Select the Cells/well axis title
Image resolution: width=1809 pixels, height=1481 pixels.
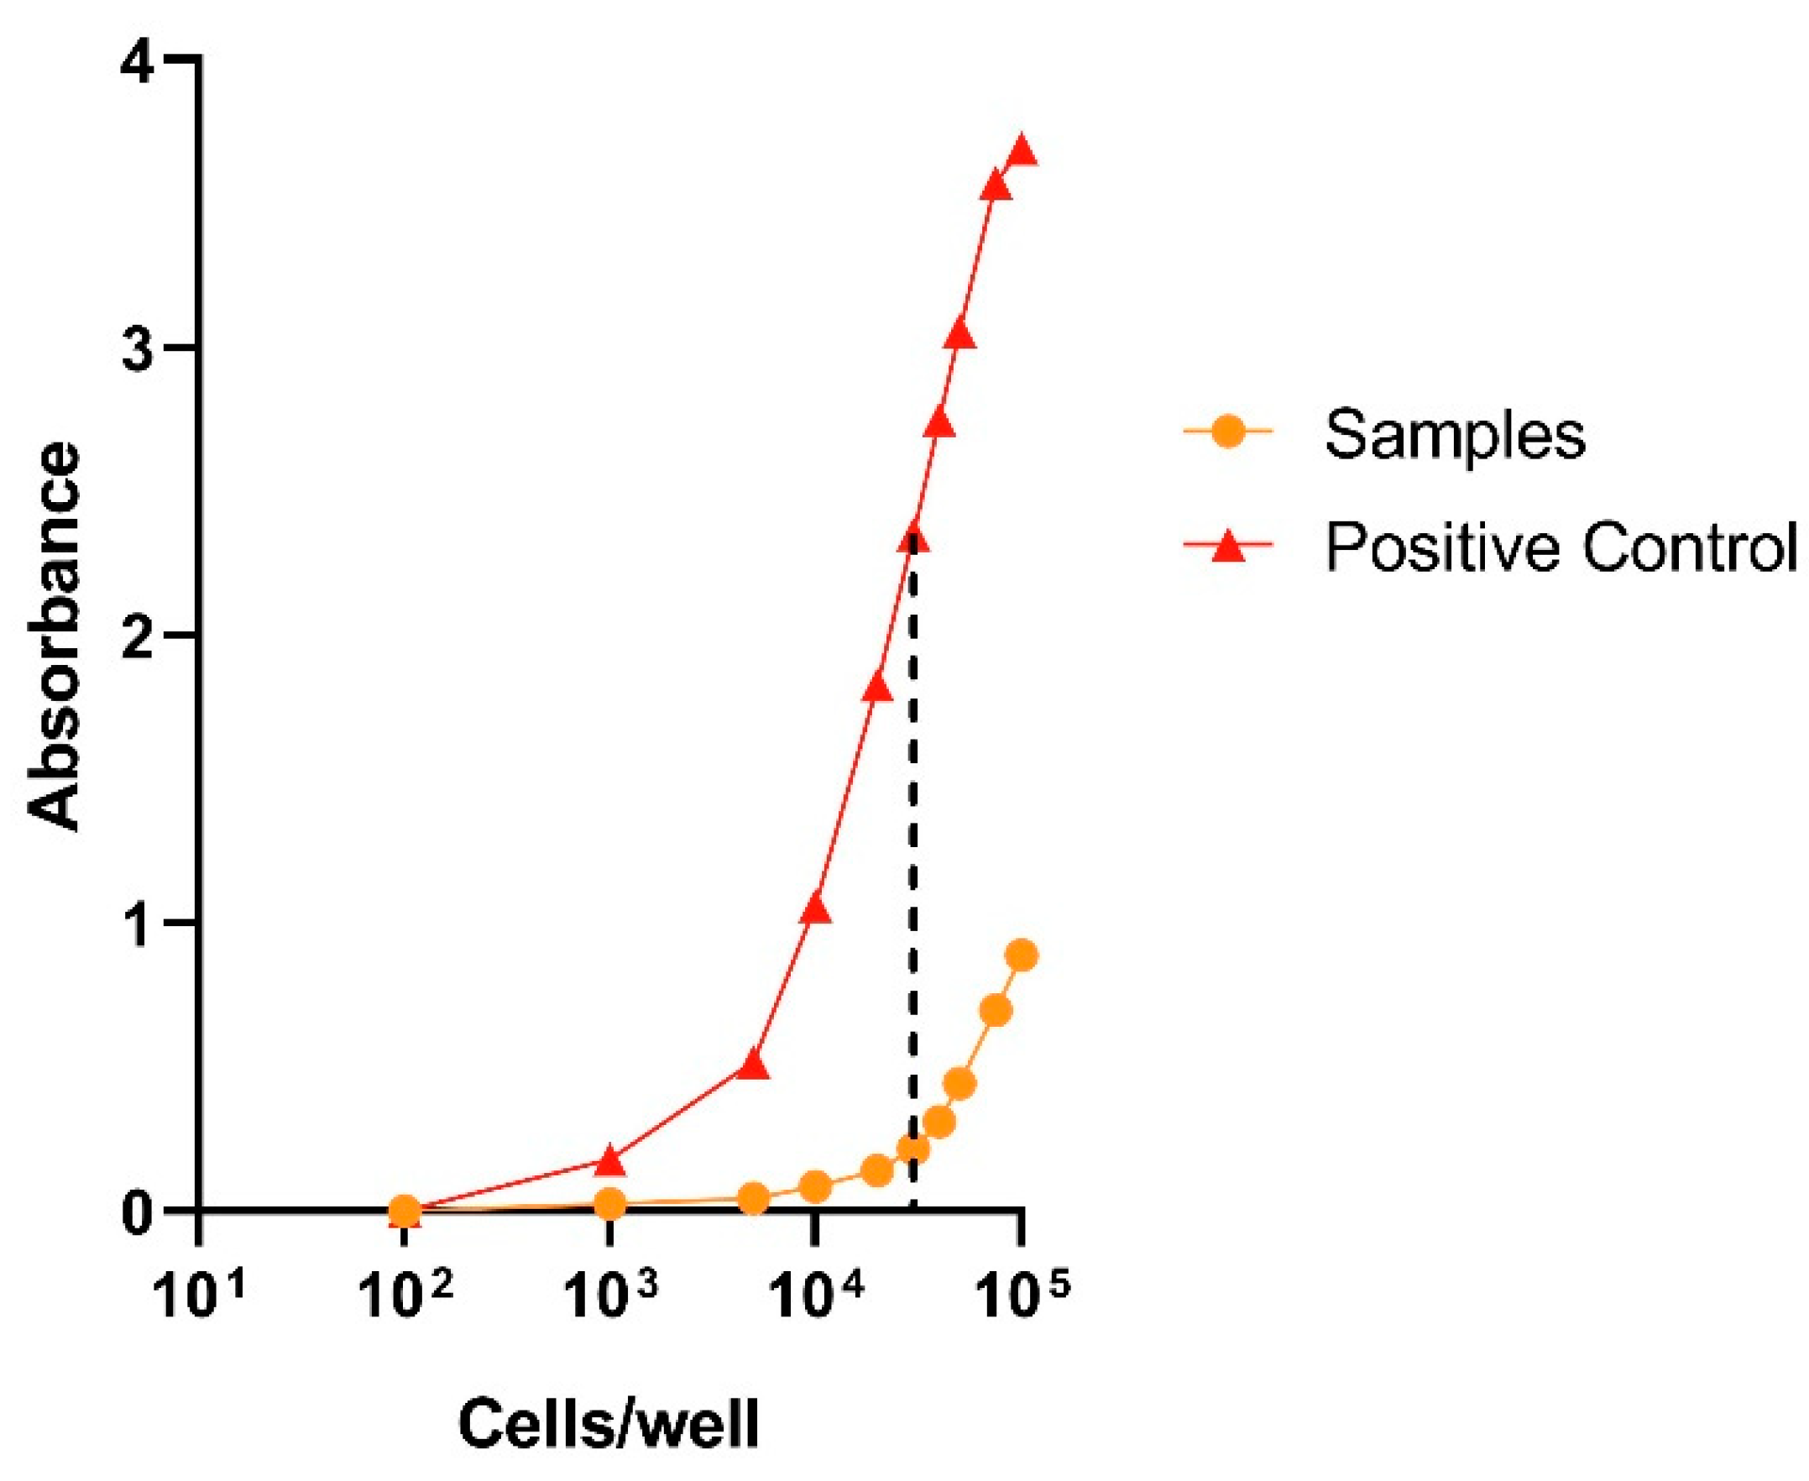(x=609, y=1423)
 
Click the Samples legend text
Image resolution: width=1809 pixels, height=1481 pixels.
(x=1455, y=434)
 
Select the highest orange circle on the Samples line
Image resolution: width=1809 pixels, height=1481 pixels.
(x=1022, y=956)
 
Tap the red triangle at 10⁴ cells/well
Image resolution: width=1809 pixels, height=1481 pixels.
(x=816, y=909)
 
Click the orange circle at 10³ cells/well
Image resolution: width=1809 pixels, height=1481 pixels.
(x=609, y=1204)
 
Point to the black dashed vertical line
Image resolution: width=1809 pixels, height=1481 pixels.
(x=912, y=853)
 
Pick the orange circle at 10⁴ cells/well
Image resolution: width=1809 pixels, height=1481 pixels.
(x=815, y=1185)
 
